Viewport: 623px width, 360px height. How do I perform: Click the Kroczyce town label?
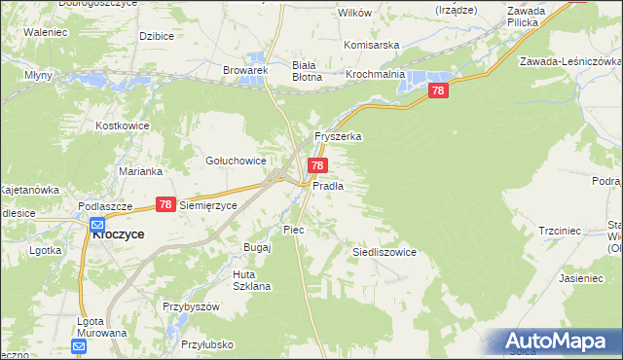click(118, 234)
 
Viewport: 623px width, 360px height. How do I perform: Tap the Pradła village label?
click(327, 185)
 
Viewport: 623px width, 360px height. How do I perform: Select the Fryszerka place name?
click(337, 137)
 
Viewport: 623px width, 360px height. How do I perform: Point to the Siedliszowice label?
click(384, 252)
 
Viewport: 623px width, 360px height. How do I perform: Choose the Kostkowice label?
click(121, 126)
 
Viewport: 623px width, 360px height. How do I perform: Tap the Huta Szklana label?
click(251, 280)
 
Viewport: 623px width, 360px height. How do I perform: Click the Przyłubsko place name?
click(206, 343)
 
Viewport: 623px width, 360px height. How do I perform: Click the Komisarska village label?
click(374, 45)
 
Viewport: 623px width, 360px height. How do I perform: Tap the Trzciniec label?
click(560, 231)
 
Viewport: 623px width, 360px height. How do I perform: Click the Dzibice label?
click(156, 36)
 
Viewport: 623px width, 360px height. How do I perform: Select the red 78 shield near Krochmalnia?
click(438, 90)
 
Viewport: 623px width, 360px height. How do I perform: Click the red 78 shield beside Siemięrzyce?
click(165, 204)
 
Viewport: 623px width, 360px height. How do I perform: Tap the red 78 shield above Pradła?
click(317, 167)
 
